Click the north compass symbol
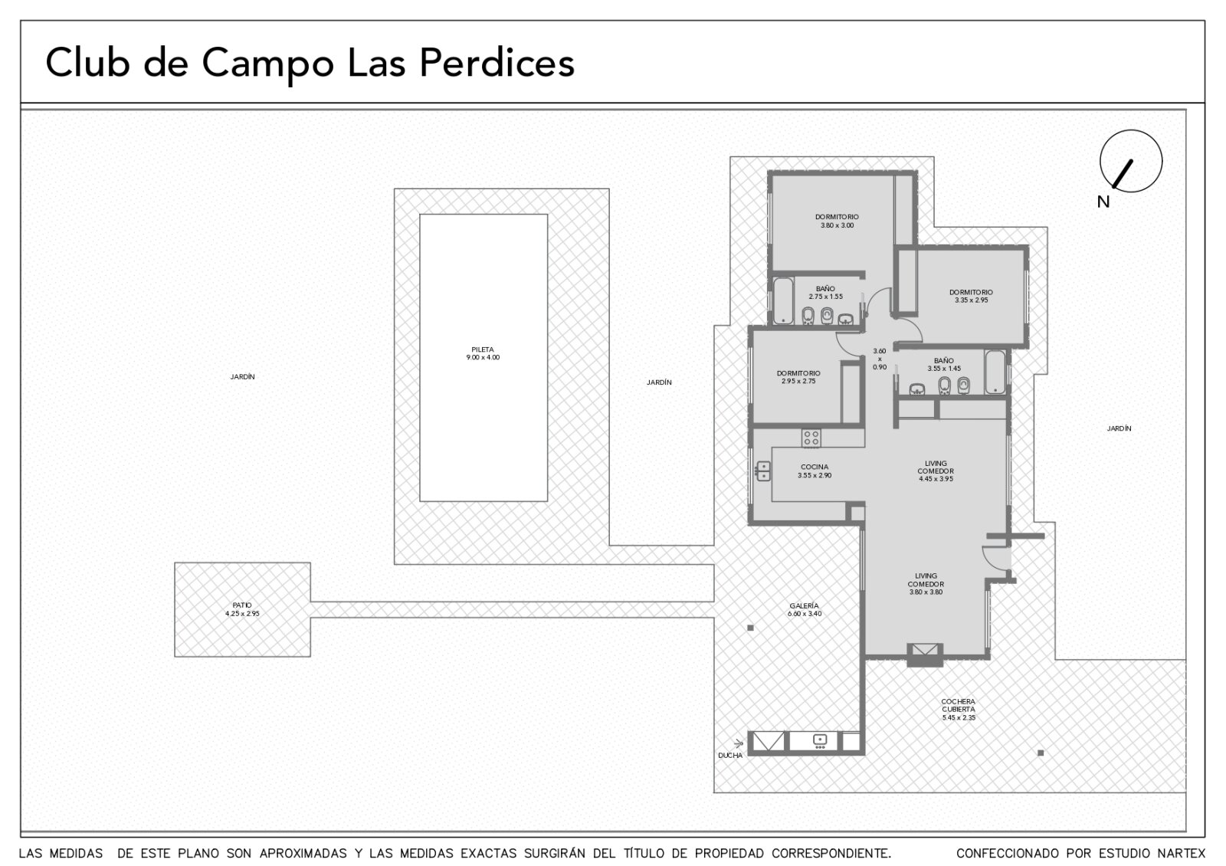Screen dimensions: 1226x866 1131,161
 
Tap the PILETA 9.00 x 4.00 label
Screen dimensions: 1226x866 483,353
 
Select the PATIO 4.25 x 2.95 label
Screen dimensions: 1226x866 242,609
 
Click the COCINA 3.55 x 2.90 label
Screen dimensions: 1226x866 815,471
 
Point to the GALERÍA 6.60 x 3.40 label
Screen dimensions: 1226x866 805,610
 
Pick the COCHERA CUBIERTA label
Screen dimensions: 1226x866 959,705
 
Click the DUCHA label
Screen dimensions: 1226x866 730,756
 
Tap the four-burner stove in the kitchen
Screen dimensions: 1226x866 811,438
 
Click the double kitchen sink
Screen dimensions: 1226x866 763,471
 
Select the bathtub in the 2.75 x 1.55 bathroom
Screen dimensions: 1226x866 783,301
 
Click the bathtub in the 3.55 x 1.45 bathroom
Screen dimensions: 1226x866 995,372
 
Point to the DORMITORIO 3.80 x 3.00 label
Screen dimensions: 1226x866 837,221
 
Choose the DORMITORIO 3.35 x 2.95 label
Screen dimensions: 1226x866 971,296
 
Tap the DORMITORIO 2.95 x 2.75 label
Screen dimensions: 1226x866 798,377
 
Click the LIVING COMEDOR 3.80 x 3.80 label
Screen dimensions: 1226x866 926,584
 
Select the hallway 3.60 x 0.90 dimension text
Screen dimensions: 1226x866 880,359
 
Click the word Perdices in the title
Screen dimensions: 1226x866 497,63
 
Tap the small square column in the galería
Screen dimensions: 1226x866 750,628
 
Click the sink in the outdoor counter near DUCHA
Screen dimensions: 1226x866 820,741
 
